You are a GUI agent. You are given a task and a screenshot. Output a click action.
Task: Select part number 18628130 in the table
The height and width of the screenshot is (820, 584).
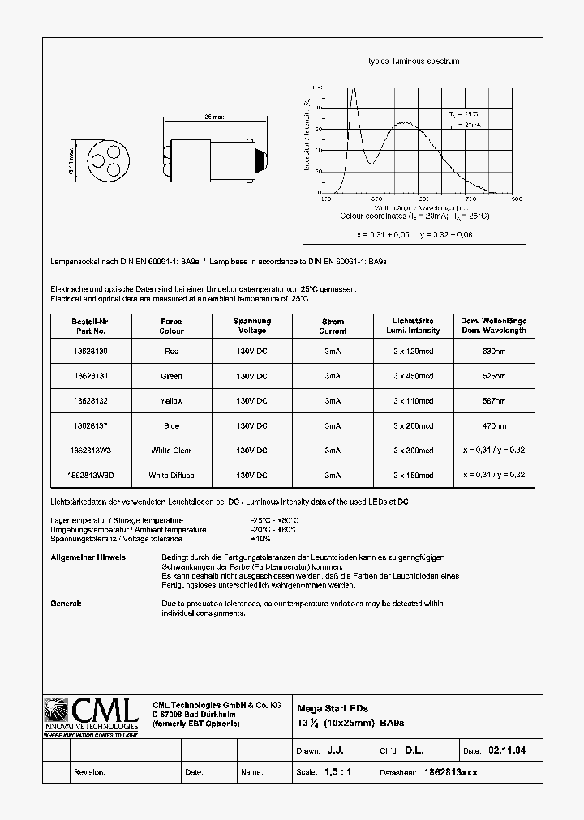coord(89,352)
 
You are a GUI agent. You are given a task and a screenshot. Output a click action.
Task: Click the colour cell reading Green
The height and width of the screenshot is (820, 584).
coord(171,376)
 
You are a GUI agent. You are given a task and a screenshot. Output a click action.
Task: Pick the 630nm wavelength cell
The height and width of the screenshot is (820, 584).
coord(494,352)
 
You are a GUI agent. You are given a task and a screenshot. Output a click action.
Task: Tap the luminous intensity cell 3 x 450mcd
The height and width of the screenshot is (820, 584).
coord(414,376)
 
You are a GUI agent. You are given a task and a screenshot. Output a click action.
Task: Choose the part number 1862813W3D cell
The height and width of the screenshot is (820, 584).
coord(89,475)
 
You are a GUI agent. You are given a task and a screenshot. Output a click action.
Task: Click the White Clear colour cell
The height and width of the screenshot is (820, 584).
coord(171,451)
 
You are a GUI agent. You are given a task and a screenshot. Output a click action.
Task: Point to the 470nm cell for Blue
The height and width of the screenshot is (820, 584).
coord(494,425)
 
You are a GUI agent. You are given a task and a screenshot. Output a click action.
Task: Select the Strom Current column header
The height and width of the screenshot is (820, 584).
coord(333,326)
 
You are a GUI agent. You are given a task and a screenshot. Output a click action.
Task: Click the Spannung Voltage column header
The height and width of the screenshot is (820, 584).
coord(252,326)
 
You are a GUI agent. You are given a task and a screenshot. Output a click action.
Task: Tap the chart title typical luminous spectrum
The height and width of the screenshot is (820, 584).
coord(414,62)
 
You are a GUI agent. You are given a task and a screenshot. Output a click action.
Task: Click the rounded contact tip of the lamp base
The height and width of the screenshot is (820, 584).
coord(261,155)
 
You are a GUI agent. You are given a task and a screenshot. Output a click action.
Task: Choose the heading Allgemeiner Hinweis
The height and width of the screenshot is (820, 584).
coord(88,558)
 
